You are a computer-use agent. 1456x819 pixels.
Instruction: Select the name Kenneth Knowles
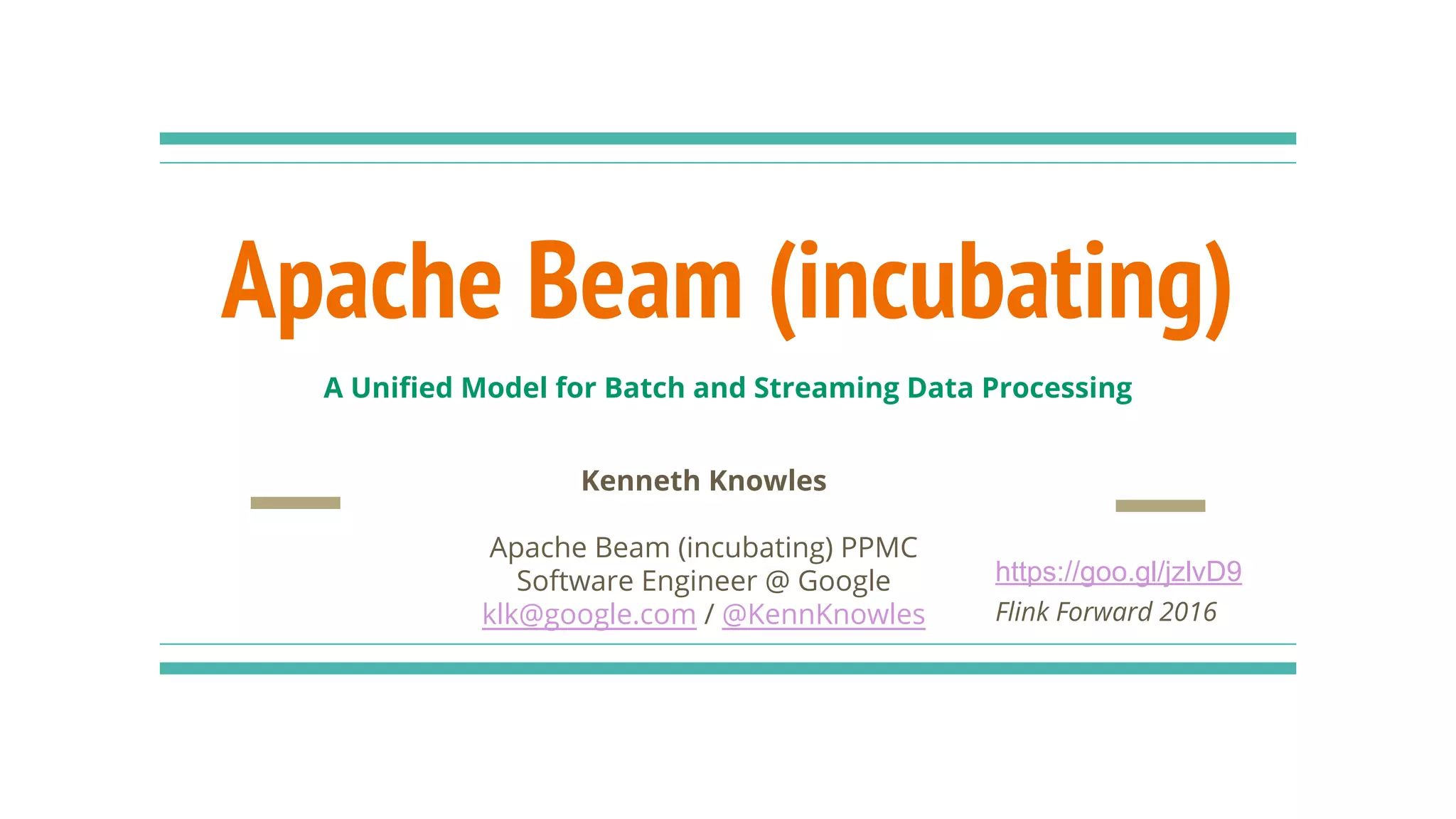click(x=704, y=481)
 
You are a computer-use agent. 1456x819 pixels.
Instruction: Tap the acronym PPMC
click(x=879, y=547)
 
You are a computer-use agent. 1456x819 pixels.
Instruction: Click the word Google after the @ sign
click(x=844, y=582)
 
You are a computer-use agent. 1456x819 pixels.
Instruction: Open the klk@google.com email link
click(x=589, y=614)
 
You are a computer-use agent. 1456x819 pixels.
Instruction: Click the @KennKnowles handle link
click(x=823, y=614)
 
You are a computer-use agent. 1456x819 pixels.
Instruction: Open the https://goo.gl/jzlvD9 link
click(x=1118, y=572)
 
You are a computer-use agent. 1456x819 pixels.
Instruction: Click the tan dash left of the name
click(x=295, y=503)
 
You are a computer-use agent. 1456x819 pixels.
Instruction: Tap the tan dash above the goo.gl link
click(x=1160, y=505)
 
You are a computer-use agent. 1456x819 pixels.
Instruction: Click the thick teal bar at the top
click(x=727, y=139)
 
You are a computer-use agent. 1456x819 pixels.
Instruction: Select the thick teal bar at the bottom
click(x=727, y=668)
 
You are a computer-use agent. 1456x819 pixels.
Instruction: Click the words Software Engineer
click(x=636, y=582)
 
